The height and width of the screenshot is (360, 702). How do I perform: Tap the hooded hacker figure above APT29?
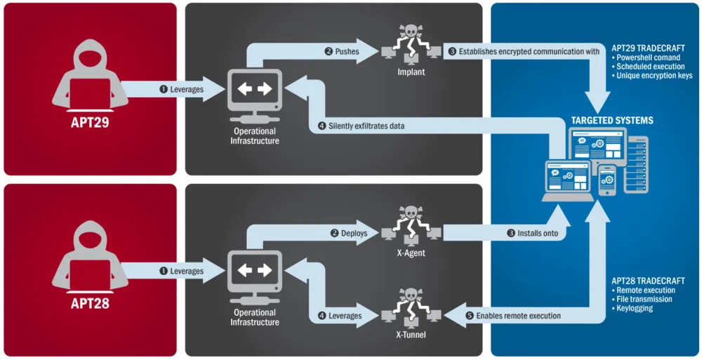pyautogui.click(x=90, y=74)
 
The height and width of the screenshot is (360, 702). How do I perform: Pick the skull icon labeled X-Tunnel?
pyautogui.click(x=411, y=304)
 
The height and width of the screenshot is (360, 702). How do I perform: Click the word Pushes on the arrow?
pyautogui.click(x=347, y=51)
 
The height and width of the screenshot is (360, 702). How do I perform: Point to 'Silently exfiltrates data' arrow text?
pyautogui.click(x=366, y=126)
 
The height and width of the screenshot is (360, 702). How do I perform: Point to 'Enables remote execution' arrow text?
pyautogui.click(x=518, y=316)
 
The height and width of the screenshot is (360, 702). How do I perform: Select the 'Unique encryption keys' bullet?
pyautogui.click(x=655, y=76)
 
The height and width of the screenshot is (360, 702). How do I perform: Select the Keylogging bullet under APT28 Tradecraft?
pyautogui.click(x=635, y=308)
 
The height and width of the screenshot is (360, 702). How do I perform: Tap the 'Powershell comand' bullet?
pyautogui.click(x=649, y=58)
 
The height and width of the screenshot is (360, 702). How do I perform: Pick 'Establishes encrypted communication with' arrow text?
pyautogui.click(x=523, y=51)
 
